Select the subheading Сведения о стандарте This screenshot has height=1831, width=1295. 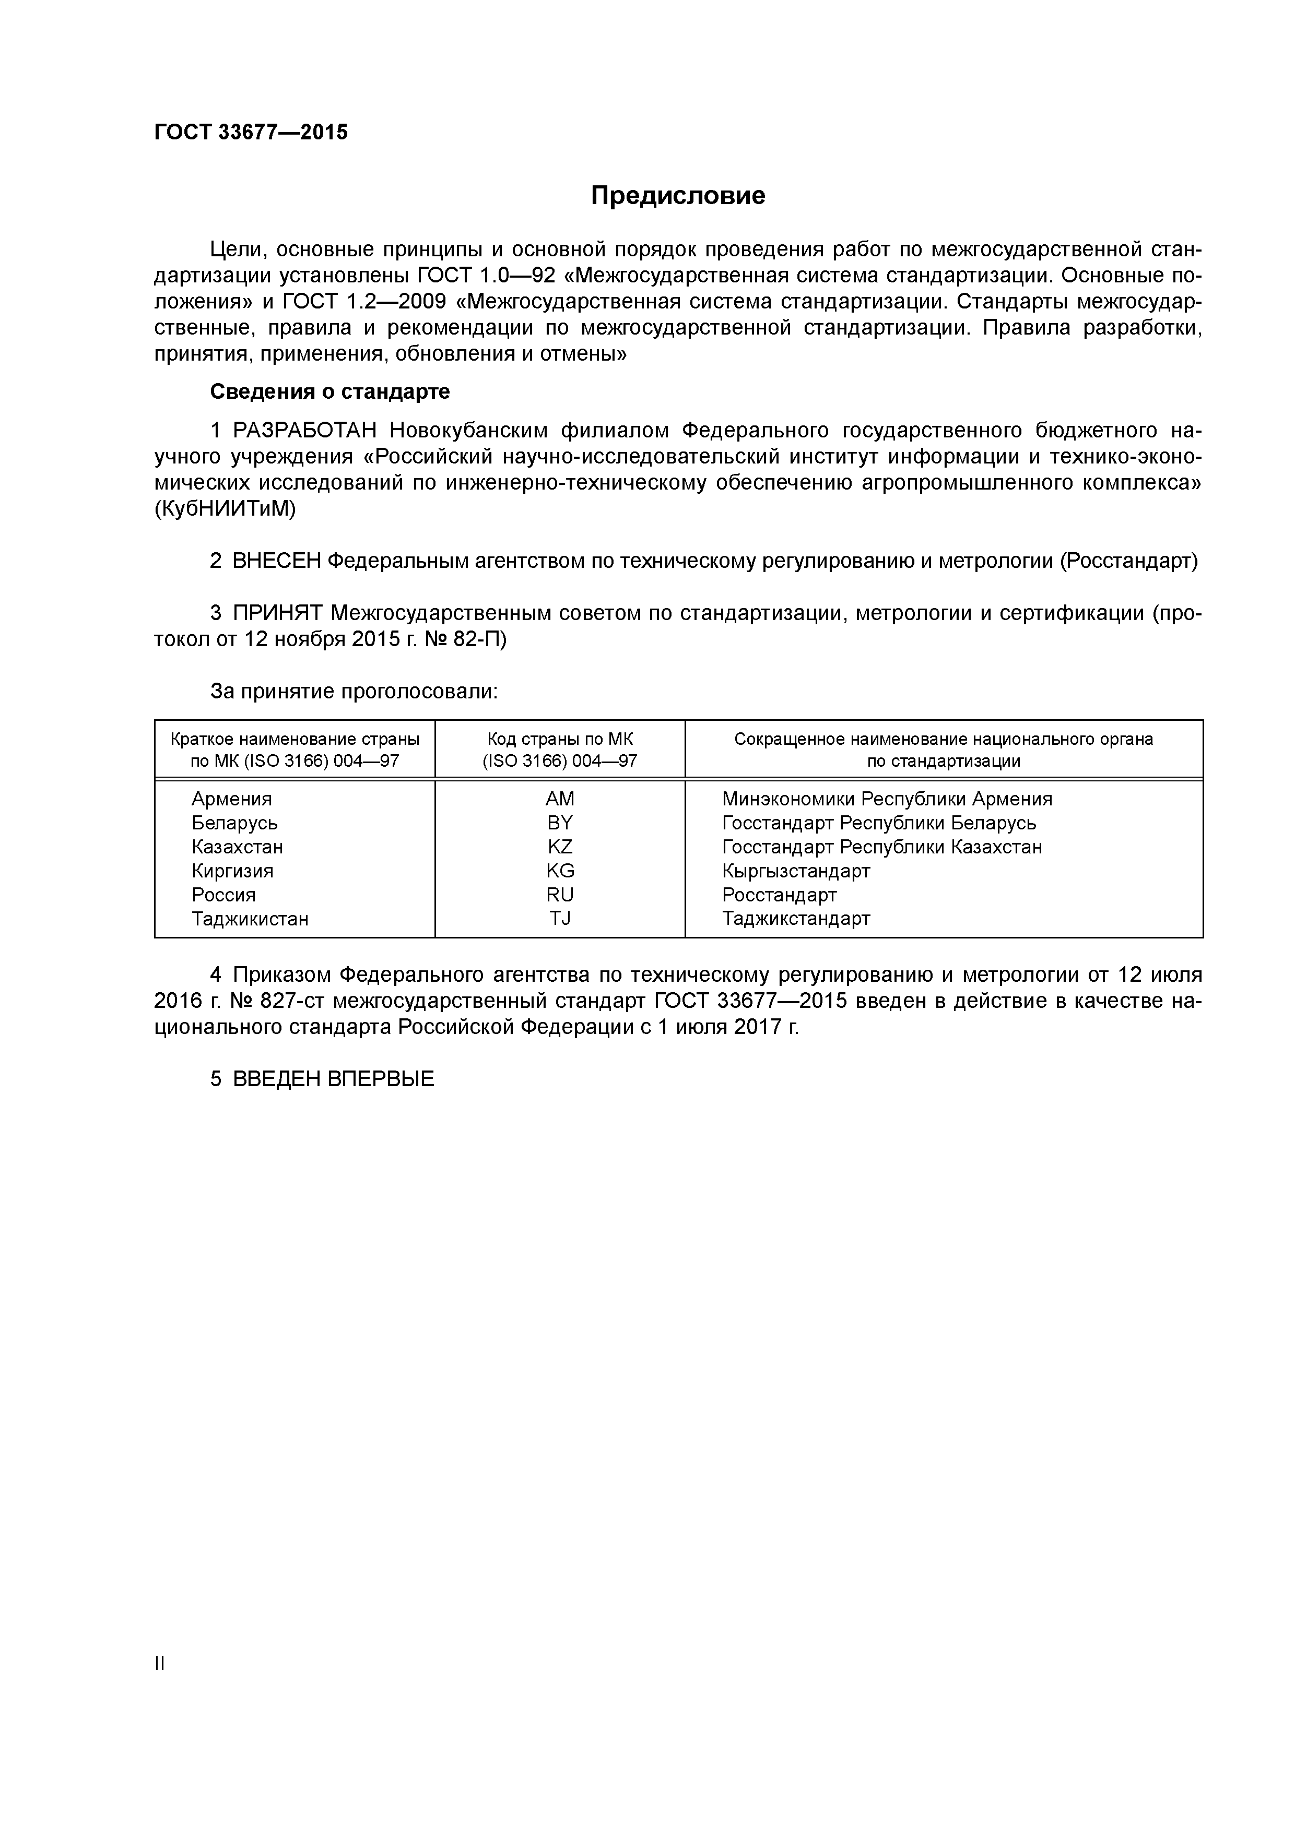pyautogui.click(x=329, y=391)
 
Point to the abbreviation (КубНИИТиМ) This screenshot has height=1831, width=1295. pyautogui.click(x=225, y=509)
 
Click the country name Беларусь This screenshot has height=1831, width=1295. pyautogui.click(x=234, y=823)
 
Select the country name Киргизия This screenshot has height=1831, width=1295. pyautogui.click(x=232, y=871)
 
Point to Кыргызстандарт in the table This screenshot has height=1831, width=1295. pyautogui.click(x=795, y=871)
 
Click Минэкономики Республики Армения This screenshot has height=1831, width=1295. pyautogui.click(x=887, y=799)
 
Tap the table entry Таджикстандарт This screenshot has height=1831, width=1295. pyautogui.click(x=795, y=919)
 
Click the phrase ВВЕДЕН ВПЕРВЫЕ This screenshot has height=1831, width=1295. pyautogui.click(x=334, y=1080)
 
